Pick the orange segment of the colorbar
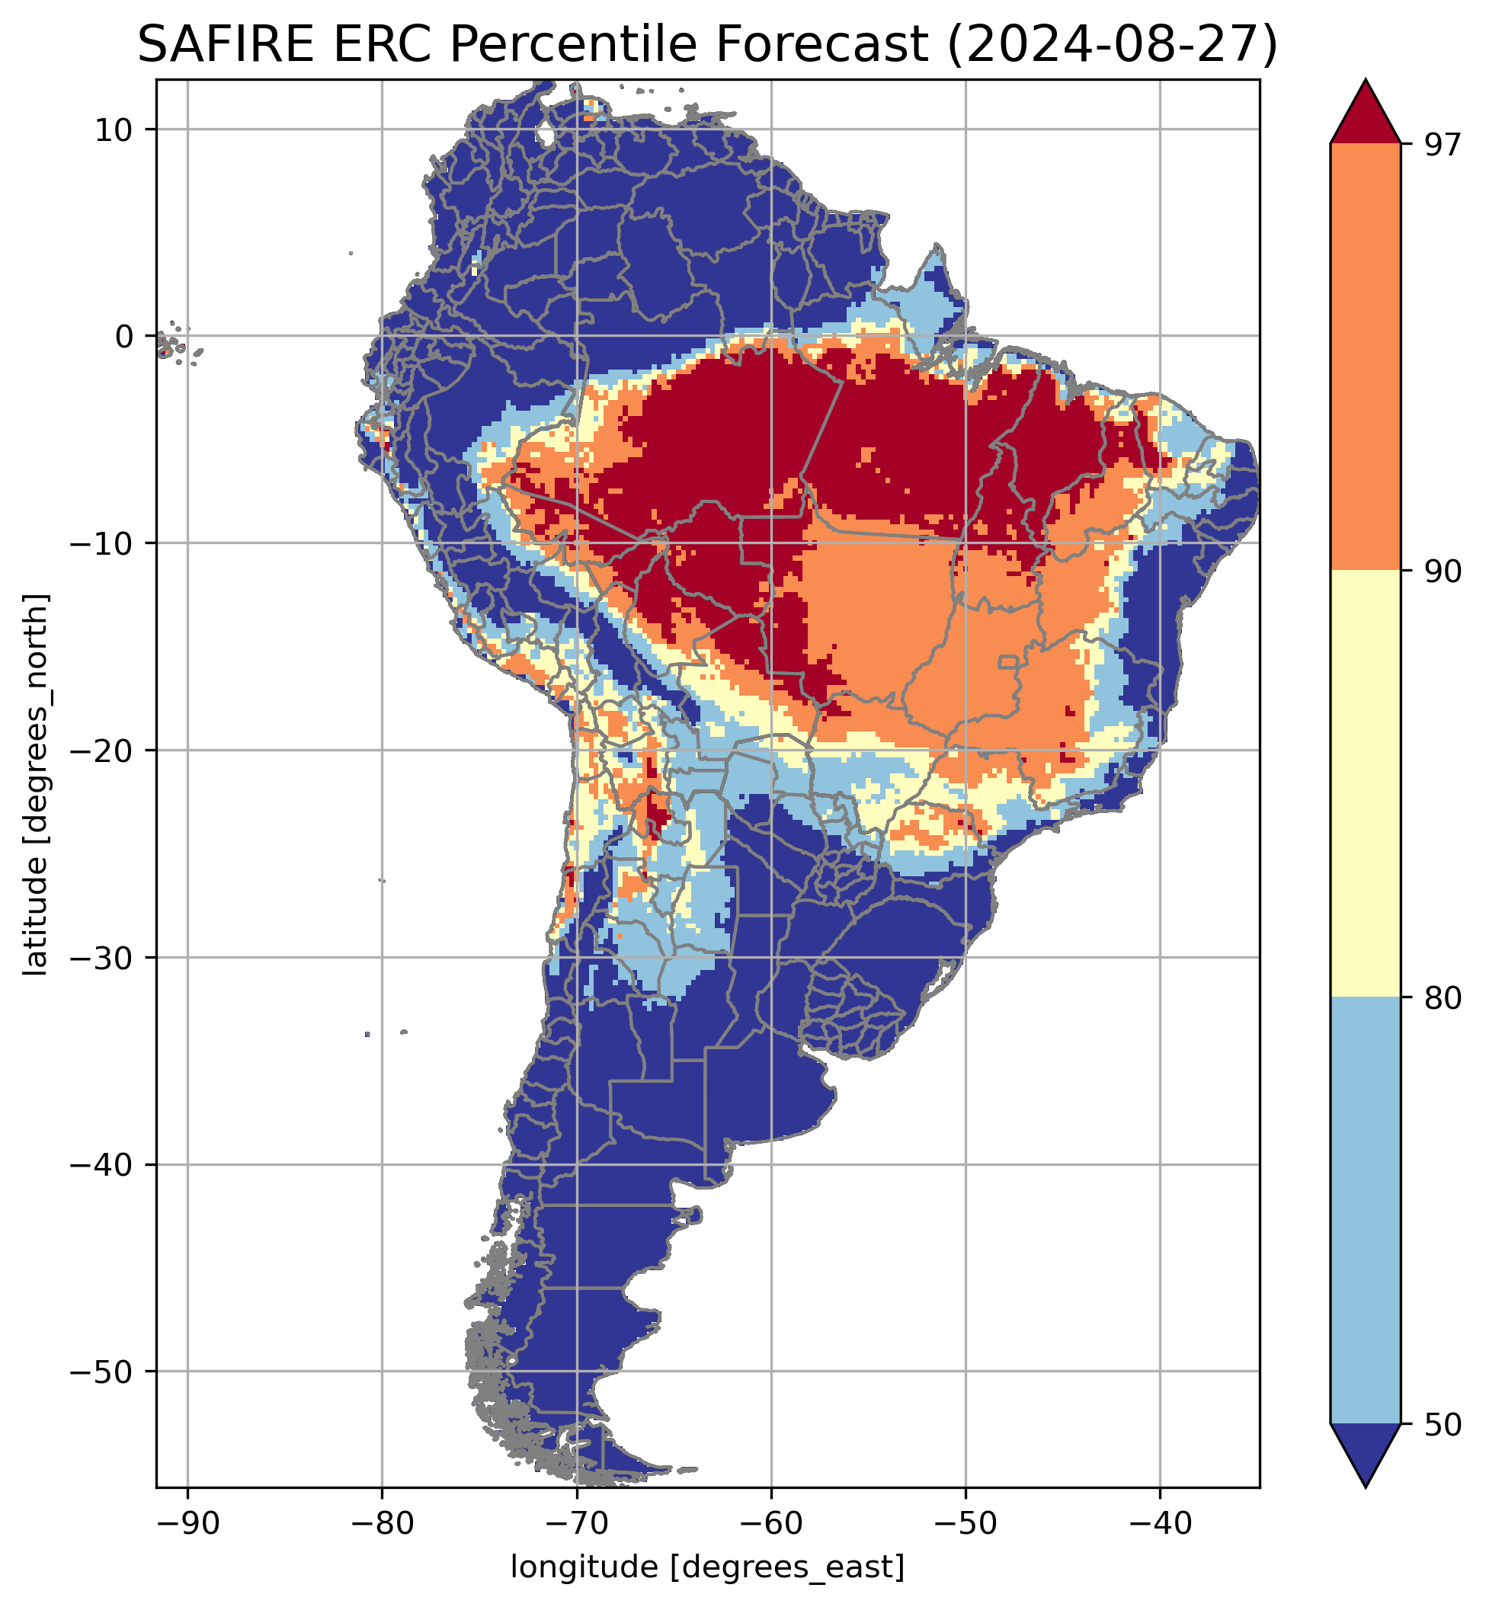pyautogui.click(x=1366, y=357)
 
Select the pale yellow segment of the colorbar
pyautogui.click(x=1366, y=784)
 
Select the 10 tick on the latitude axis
pyautogui.click(x=114, y=130)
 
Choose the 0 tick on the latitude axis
pyautogui.click(x=123, y=337)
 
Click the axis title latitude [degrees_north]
pyautogui.click(x=35, y=784)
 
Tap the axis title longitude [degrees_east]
pyautogui.click(x=708, y=1567)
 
